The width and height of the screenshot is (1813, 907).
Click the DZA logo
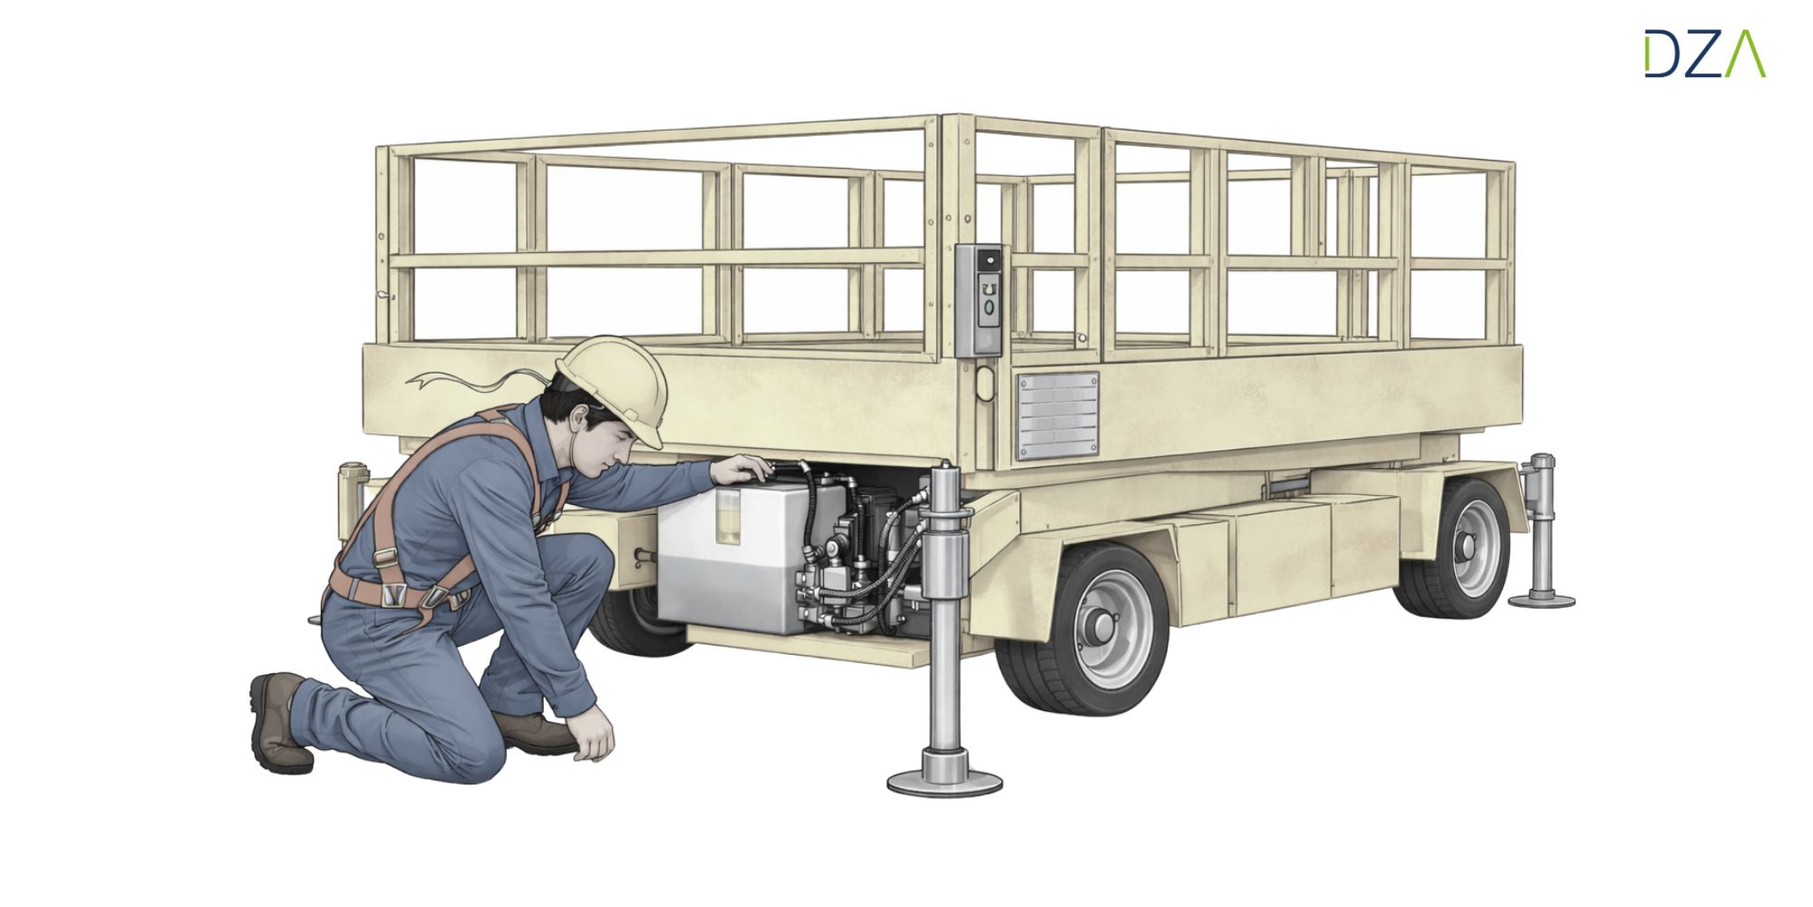click(1705, 54)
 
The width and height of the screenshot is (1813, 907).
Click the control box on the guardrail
click(979, 299)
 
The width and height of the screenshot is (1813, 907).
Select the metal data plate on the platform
click(1058, 414)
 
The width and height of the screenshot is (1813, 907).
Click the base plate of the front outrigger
click(945, 781)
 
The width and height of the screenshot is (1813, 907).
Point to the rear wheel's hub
click(1463, 547)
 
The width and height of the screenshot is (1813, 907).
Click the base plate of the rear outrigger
click(1541, 600)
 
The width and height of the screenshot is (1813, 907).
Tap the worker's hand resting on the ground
click(594, 733)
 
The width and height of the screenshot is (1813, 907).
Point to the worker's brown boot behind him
click(279, 723)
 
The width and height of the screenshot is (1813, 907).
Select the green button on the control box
click(988, 307)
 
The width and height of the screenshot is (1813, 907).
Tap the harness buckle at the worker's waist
click(393, 594)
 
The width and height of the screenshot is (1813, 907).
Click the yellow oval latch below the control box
click(985, 383)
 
